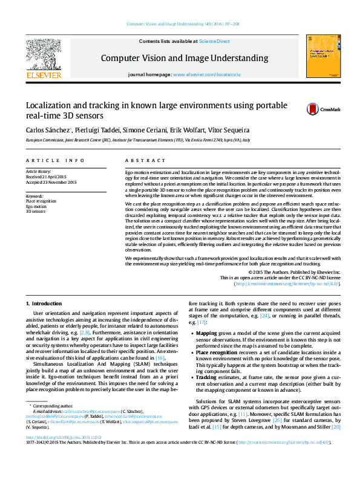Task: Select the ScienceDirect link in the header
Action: pyautogui.click(x=215, y=42)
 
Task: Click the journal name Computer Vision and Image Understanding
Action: pyautogui.click(x=180, y=58)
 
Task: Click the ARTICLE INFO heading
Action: pyautogui.click(x=55, y=160)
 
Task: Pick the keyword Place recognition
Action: pyautogui.click(x=41, y=201)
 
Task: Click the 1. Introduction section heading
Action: pyautogui.click(x=44, y=303)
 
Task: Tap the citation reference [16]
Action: pyautogui.click(x=160, y=358)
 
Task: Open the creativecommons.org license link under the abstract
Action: pyautogui.click(x=287, y=284)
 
